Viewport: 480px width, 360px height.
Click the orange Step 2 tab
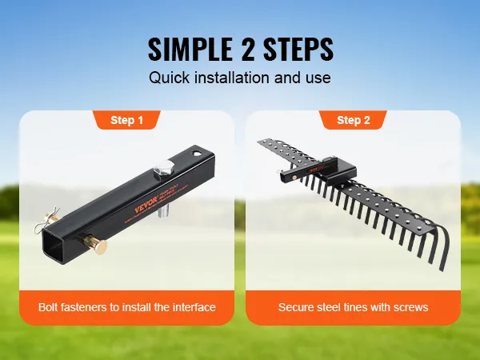pyautogui.click(x=353, y=121)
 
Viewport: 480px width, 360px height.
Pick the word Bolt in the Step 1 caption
pyautogui.click(x=50, y=307)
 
